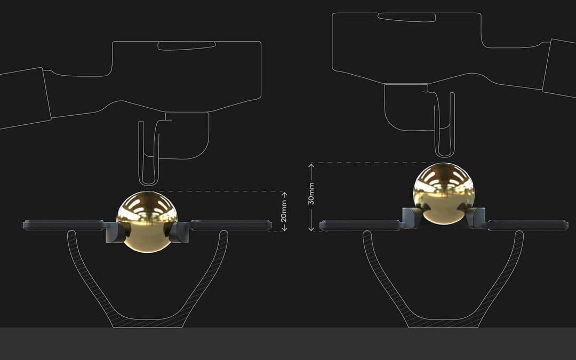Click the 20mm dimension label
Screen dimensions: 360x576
pyautogui.click(x=284, y=211)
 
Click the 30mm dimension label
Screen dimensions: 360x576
pyautogui.click(x=311, y=194)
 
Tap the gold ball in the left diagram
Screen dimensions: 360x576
pyautogui.click(x=147, y=221)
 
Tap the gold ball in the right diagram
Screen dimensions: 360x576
pyautogui.click(x=444, y=193)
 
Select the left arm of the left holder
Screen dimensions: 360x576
pyautogui.click(x=63, y=225)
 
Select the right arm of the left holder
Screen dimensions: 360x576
pyautogui.click(x=231, y=225)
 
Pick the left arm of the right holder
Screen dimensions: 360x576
pyautogui.click(x=361, y=225)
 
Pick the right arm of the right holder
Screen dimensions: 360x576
pyautogui.click(x=527, y=225)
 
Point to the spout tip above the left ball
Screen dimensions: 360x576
pyautogui.click(x=149, y=181)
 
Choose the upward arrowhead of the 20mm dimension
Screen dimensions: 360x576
pyautogui.click(x=284, y=194)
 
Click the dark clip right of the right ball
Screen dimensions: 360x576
pyautogui.click(x=476, y=217)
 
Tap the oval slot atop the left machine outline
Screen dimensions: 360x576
pyautogui.click(x=187, y=46)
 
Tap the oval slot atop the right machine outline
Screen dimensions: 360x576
pyautogui.click(x=406, y=17)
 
